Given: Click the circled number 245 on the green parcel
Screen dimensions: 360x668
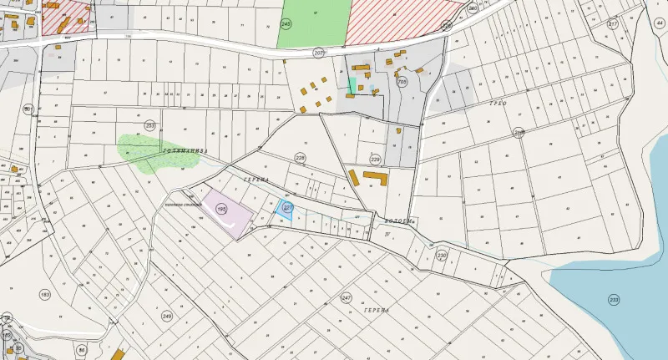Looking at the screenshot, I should [286, 25].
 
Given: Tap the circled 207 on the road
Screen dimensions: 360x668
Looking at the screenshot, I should [318, 52].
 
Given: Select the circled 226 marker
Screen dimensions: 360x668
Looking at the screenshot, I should [447, 26].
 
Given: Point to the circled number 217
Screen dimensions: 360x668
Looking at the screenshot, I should [613, 24].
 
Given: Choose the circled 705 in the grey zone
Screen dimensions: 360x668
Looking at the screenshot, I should [402, 82].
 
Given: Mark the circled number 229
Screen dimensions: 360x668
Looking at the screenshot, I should [375, 159].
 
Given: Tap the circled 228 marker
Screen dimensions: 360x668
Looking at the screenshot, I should [301, 158].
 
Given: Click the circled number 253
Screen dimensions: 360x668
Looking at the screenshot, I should [150, 126].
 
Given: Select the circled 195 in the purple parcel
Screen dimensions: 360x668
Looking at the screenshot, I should [221, 208].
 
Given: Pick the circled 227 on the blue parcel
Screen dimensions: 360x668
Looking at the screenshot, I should [287, 207].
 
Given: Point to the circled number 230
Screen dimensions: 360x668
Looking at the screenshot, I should [442, 256].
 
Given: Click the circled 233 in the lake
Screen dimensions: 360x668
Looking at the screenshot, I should [615, 299].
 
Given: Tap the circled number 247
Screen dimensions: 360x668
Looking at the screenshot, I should [347, 297].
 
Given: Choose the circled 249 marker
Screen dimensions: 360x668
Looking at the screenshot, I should [167, 316].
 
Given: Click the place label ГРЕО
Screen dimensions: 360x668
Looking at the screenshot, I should [498, 102].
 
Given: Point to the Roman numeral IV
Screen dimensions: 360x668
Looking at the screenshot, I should [387, 234].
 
